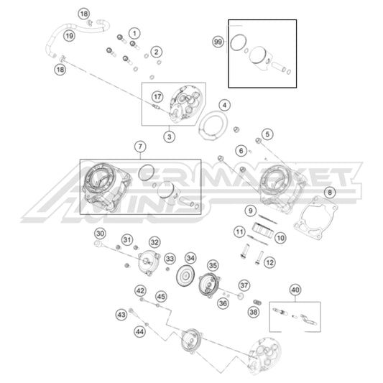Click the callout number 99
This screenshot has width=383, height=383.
pyautogui.click(x=218, y=42)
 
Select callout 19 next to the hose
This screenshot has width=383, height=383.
pyautogui.click(x=69, y=35)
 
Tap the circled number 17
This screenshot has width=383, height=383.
pyautogui.click(x=157, y=96)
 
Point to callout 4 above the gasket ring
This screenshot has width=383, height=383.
pyautogui.click(x=225, y=105)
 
